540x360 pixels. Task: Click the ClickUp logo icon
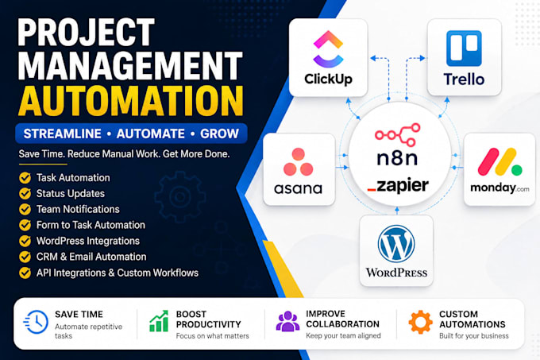328,48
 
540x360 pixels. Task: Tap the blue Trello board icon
464,48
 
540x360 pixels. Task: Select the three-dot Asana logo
299,162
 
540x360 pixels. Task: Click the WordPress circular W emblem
396,243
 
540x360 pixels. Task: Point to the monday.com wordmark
499,188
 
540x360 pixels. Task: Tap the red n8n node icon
398,134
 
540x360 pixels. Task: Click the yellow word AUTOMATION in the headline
131,101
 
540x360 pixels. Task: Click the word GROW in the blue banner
219,134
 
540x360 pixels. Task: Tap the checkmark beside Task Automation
25,178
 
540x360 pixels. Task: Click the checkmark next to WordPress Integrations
25,241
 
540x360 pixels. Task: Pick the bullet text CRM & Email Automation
91,257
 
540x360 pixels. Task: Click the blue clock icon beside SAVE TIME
37,322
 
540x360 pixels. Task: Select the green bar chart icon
159,321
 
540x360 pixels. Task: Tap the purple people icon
287,321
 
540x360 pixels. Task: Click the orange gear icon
421,322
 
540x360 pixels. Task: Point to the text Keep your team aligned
343,335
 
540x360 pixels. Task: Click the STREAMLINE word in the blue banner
62,134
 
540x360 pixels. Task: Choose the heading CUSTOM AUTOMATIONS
472,319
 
